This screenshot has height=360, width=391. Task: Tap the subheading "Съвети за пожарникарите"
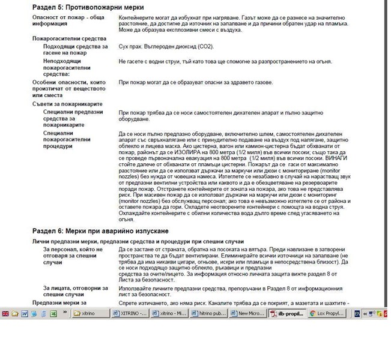click(x=67, y=104)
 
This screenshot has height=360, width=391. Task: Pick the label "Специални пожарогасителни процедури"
click(x=68, y=139)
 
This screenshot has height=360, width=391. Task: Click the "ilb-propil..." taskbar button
click(x=287, y=313)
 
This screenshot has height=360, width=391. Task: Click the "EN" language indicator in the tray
click(x=357, y=313)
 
